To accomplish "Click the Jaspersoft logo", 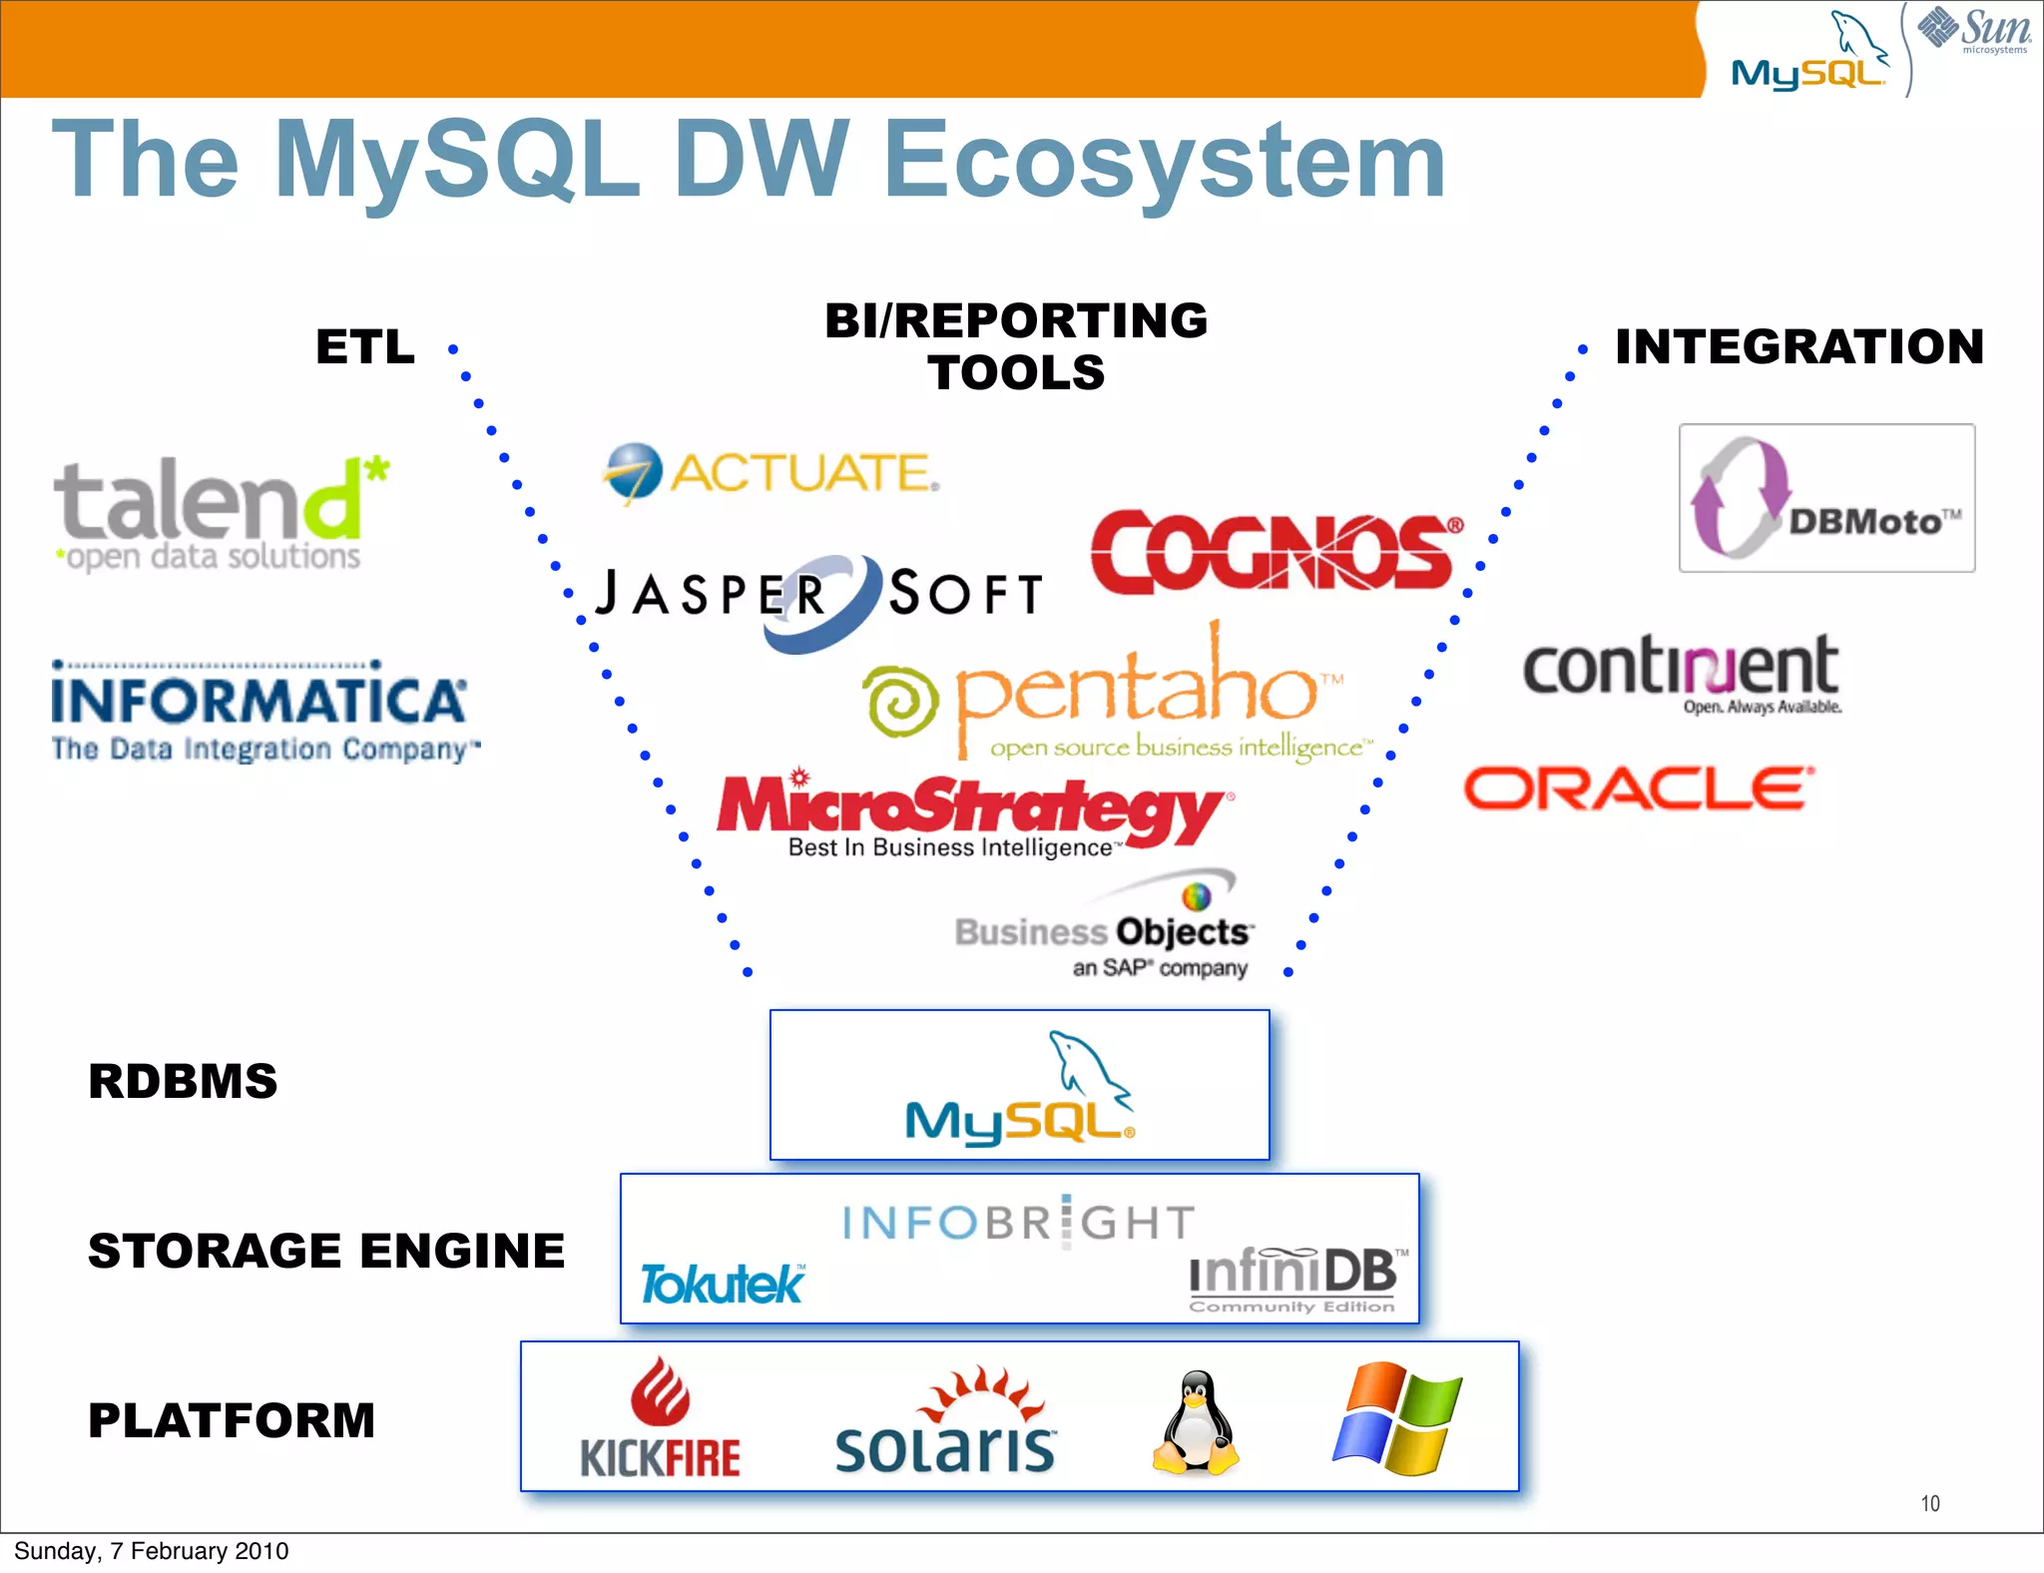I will (818, 597).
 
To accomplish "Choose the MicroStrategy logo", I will (973, 813).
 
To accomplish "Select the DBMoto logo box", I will (1826, 498).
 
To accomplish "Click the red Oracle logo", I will (1637, 788).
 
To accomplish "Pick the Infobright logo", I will (1018, 1222).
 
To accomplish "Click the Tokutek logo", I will (721, 1284).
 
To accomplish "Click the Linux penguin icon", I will (1195, 1421).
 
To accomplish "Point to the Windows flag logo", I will (1397, 1417).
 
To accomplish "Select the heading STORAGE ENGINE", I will (326, 1251).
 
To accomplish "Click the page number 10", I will (1929, 1503).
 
